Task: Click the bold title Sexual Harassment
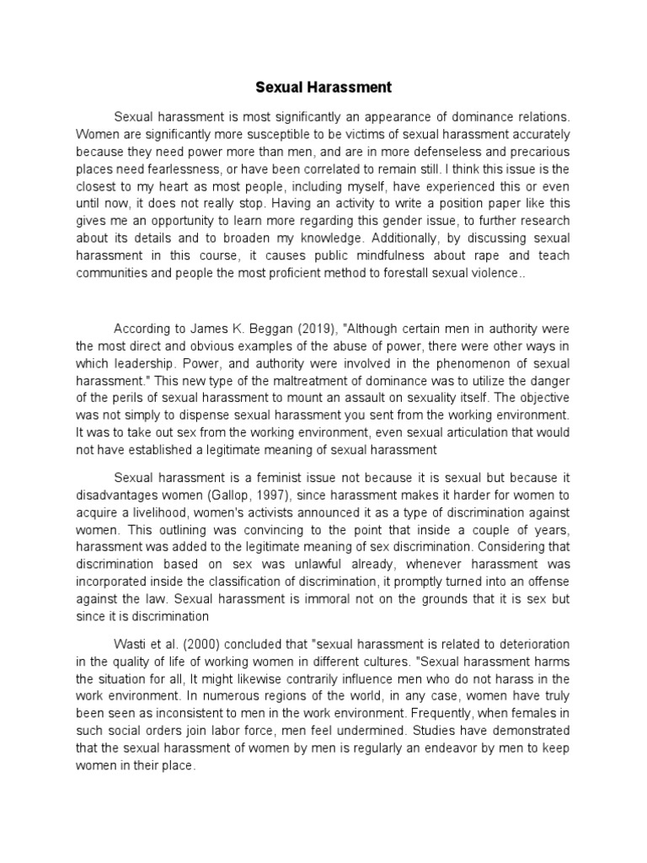324,87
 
